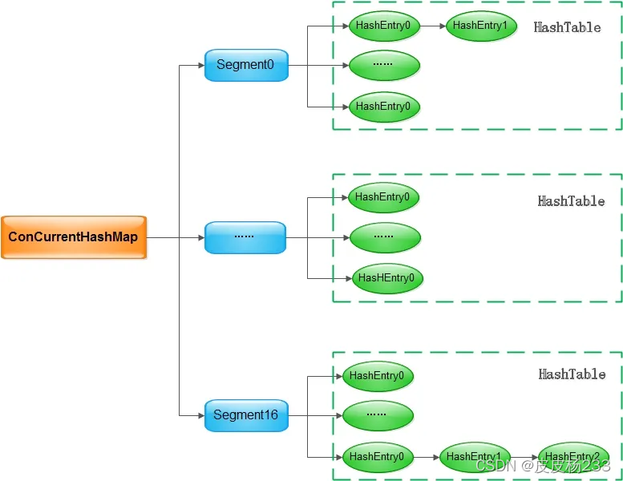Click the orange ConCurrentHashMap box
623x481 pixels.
tap(74, 237)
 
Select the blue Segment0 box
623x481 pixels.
tap(245, 65)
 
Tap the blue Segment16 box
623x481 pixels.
tap(245, 415)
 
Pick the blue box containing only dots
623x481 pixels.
tap(245, 237)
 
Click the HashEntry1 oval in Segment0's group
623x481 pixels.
tap(480, 26)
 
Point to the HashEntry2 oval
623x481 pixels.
tap(572, 457)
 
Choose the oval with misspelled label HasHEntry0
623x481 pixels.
tap(386, 278)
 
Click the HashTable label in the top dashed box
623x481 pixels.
tap(567, 27)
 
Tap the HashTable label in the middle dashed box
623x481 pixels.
tap(571, 201)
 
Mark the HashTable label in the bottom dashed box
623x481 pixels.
tap(572, 374)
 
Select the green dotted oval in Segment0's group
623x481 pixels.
tap(384, 65)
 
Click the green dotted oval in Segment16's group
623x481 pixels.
tap(378, 415)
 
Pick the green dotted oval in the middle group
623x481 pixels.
tap(384, 237)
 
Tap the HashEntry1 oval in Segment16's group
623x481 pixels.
tap(475, 457)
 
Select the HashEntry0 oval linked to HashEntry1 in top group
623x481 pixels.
tap(384, 26)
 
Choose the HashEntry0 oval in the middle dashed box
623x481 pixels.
tap(382, 196)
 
